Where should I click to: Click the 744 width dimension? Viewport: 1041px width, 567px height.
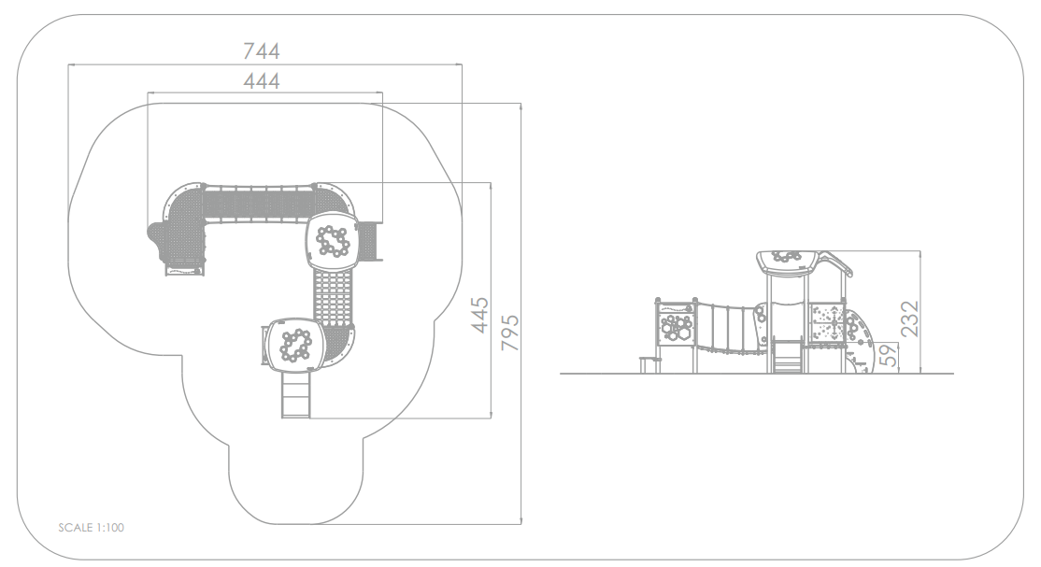pos(262,50)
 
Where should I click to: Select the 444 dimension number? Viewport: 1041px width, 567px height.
pos(262,81)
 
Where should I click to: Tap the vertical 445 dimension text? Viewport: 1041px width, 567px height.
pos(479,315)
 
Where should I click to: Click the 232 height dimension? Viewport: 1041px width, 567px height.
pos(909,318)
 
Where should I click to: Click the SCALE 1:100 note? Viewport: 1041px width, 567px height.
pos(91,528)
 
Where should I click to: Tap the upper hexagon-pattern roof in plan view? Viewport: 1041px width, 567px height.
pos(332,240)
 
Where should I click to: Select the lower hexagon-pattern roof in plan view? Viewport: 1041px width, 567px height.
pos(294,344)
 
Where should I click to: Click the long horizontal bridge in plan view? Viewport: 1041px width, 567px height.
pos(258,203)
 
